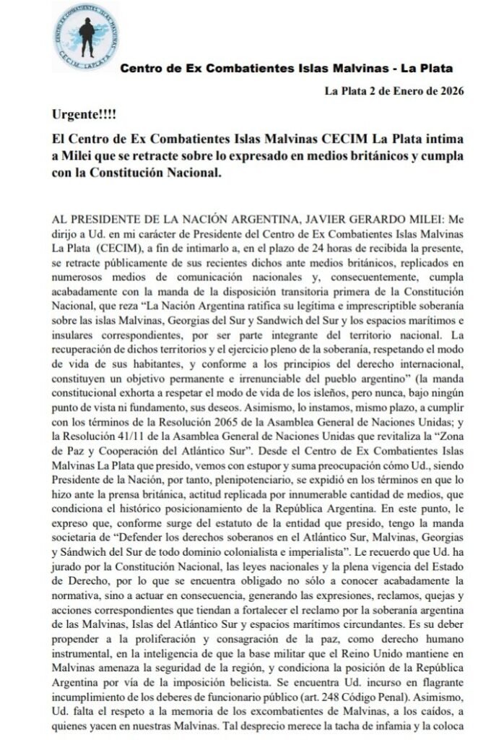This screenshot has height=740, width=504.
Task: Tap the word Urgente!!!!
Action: coord(84,114)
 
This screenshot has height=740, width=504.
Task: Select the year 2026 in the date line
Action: coord(447,91)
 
